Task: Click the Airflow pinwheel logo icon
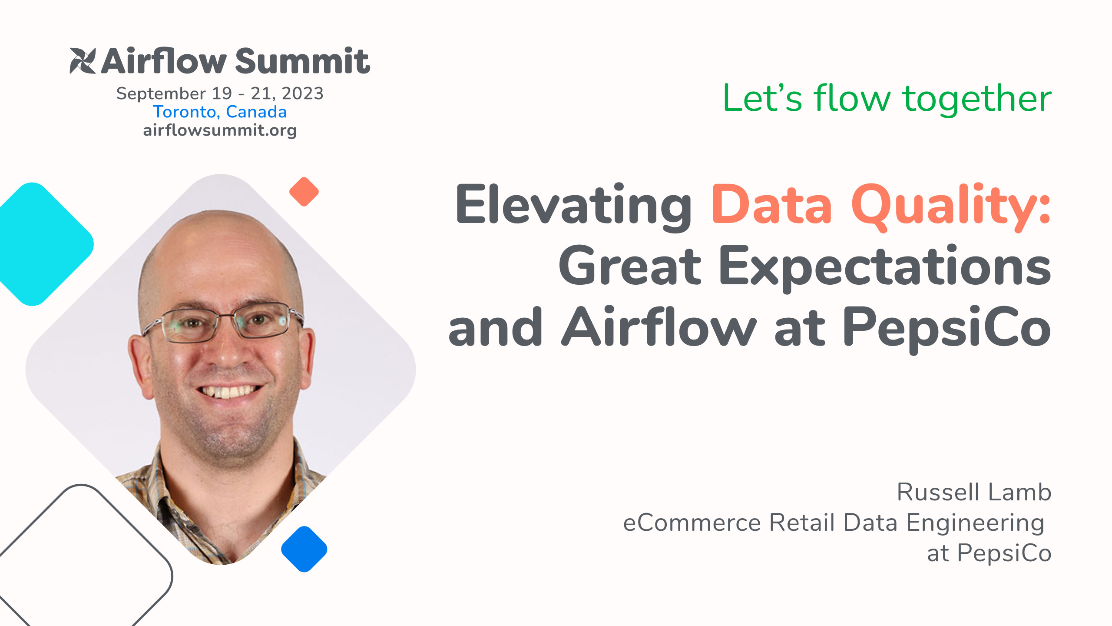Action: (82, 61)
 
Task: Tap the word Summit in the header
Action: (302, 61)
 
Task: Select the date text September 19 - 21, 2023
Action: (220, 93)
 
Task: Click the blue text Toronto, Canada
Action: (220, 112)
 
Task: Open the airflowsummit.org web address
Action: (220, 130)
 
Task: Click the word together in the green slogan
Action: (977, 99)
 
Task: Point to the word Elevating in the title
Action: (573, 204)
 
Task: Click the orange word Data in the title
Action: (771, 204)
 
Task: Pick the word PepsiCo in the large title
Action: (947, 327)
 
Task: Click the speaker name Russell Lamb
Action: (974, 492)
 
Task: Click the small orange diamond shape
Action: (304, 192)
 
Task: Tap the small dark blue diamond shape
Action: (304, 549)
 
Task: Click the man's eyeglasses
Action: (222, 324)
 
